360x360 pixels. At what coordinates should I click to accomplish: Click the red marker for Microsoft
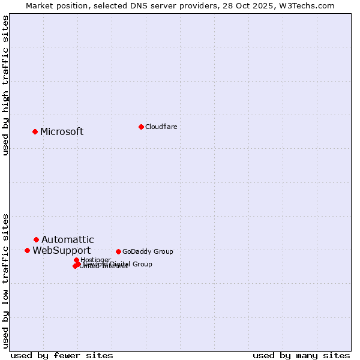35,131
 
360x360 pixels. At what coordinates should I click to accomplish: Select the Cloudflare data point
141,127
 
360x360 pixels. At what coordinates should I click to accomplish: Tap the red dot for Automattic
36,239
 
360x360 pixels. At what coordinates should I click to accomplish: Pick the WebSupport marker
27,250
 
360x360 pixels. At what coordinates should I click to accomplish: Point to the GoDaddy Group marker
118,251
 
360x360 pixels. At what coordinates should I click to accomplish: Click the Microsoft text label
62,132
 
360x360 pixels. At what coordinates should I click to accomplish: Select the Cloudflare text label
161,127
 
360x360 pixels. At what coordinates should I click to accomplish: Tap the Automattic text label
67,240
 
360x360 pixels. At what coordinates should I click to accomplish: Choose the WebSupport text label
61,251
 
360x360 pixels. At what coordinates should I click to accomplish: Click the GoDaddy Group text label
148,251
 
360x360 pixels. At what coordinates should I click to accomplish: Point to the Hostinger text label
95,260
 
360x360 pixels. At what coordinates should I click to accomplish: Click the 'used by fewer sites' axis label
62,355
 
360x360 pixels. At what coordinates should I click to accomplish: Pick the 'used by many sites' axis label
301,355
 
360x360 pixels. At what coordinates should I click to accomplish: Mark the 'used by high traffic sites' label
5,85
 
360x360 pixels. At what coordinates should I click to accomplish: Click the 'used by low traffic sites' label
5,281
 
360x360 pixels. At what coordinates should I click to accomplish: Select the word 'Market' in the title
39,5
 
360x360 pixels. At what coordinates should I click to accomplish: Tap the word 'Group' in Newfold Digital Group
142,264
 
